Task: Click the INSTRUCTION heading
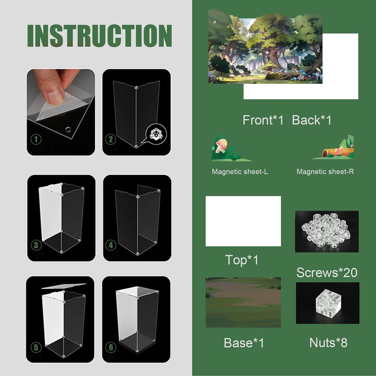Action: (x=100, y=36)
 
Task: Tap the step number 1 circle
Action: (x=36, y=139)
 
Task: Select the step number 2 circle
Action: (x=111, y=139)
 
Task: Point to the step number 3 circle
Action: (x=36, y=245)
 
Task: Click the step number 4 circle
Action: (x=111, y=245)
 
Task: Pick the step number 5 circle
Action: (x=36, y=347)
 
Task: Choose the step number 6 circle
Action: (x=111, y=347)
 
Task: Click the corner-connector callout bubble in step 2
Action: (x=155, y=134)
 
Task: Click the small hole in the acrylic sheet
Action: (x=68, y=130)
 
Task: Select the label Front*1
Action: (x=263, y=120)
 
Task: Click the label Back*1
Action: (x=311, y=120)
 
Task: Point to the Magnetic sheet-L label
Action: (x=240, y=172)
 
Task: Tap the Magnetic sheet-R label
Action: (x=325, y=172)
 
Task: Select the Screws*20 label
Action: (x=327, y=273)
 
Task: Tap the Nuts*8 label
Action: (x=328, y=343)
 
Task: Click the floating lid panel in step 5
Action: (x=64, y=286)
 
